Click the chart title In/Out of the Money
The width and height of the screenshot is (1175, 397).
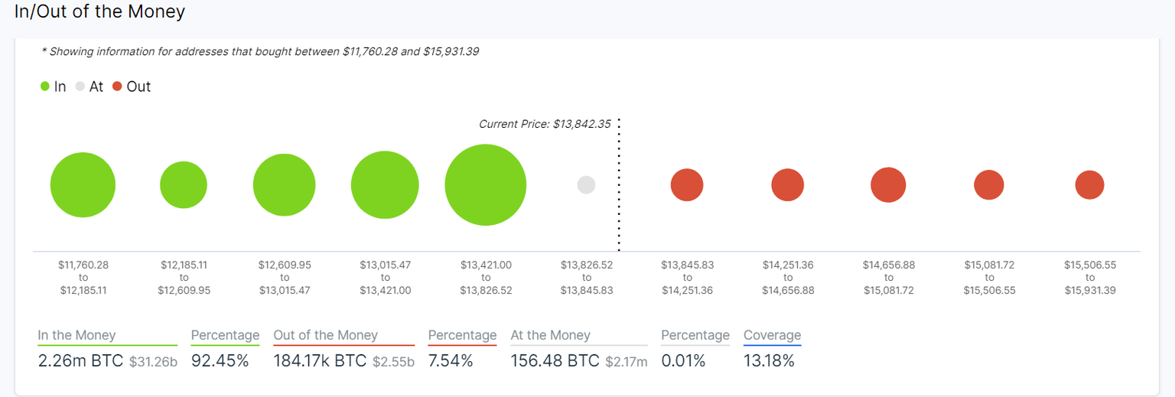[x=99, y=12]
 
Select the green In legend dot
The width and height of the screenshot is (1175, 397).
[x=45, y=86]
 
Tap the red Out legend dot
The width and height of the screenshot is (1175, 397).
[x=117, y=86]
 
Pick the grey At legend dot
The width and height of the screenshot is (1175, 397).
[x=80, y=86]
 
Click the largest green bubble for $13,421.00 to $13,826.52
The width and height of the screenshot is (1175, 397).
[x=485, y=185]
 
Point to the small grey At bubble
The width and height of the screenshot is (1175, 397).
[x=586, y=185]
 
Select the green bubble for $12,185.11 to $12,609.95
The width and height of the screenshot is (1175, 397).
[x=184, y=185]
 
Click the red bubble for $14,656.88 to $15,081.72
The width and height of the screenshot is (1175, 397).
[x=888, y=185]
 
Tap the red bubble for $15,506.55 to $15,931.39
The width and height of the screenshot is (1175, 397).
[x=1089, y=185]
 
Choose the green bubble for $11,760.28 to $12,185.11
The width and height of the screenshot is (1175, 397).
[x=83, y=185]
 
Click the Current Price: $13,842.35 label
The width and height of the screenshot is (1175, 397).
[x=545, y=124]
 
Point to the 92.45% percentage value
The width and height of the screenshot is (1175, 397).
[x=220, y=361]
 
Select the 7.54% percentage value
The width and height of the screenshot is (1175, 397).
[x=451, y=361]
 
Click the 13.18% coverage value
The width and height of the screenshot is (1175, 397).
[x=769, y=361]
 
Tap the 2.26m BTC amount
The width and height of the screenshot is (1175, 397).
[x=80, y=361]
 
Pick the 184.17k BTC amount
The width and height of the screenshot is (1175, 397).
[x=321, y=361]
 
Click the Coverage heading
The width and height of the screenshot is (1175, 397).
[x=772, y=335]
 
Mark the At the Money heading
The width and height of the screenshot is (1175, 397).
[x=550, y=335]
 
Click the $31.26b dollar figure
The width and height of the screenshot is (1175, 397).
[x=153, y=362]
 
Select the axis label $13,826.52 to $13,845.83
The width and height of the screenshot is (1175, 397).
[x=587, y=278]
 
